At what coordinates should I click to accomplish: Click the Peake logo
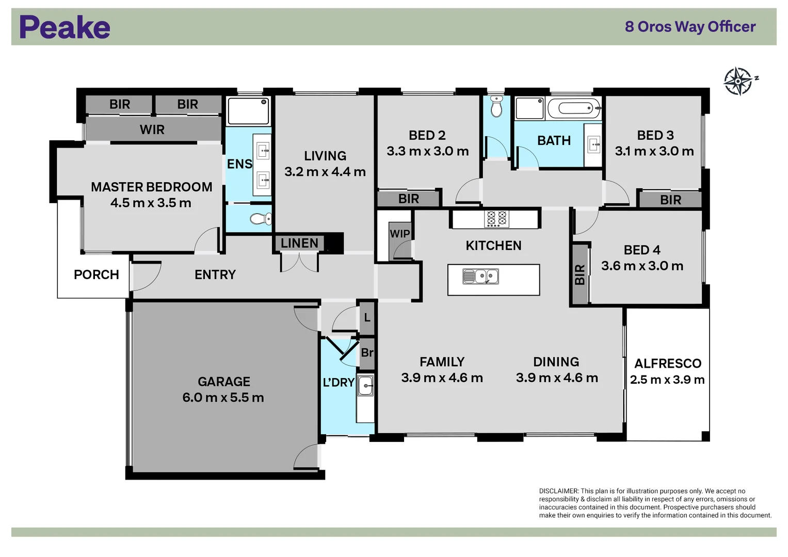[65, 27]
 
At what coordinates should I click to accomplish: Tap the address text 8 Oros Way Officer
[690, 27]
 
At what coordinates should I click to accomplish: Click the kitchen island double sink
[480, 277]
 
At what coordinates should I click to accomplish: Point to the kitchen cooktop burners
[496, 219]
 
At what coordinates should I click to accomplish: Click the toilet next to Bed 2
[496, 107]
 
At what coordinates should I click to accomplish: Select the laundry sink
[365, 385]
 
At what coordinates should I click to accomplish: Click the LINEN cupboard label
[299, 243]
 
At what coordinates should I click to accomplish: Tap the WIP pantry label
[400, 234]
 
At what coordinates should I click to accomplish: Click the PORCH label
[97, 275]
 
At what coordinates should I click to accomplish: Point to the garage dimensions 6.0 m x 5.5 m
[223, 398]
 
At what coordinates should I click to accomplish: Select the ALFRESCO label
[668, 364]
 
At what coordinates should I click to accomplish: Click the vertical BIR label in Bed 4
[580, 274]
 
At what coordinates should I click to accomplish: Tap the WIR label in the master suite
[152, 130]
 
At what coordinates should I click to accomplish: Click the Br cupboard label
[367, 353]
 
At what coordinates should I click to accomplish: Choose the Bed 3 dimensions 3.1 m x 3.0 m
[654, 151]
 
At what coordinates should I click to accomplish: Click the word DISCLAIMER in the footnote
[558, 491]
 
